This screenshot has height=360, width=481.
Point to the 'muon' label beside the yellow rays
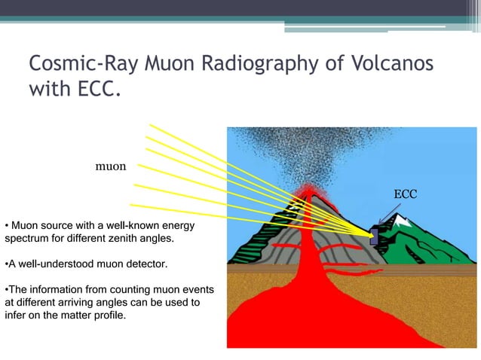click(x=110, y=165)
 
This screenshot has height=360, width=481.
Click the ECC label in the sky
click(x=405, y=194)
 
